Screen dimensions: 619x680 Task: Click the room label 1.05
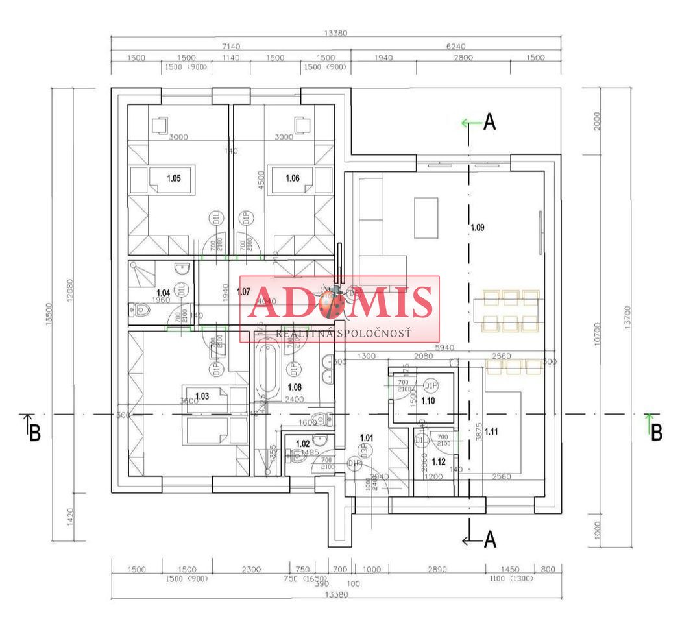173,178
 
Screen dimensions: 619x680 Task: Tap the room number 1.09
478,228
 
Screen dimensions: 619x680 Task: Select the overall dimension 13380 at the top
336,34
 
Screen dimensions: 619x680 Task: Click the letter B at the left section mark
34,433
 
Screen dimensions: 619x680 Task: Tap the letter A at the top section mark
490,122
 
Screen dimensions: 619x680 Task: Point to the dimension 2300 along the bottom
250,569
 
